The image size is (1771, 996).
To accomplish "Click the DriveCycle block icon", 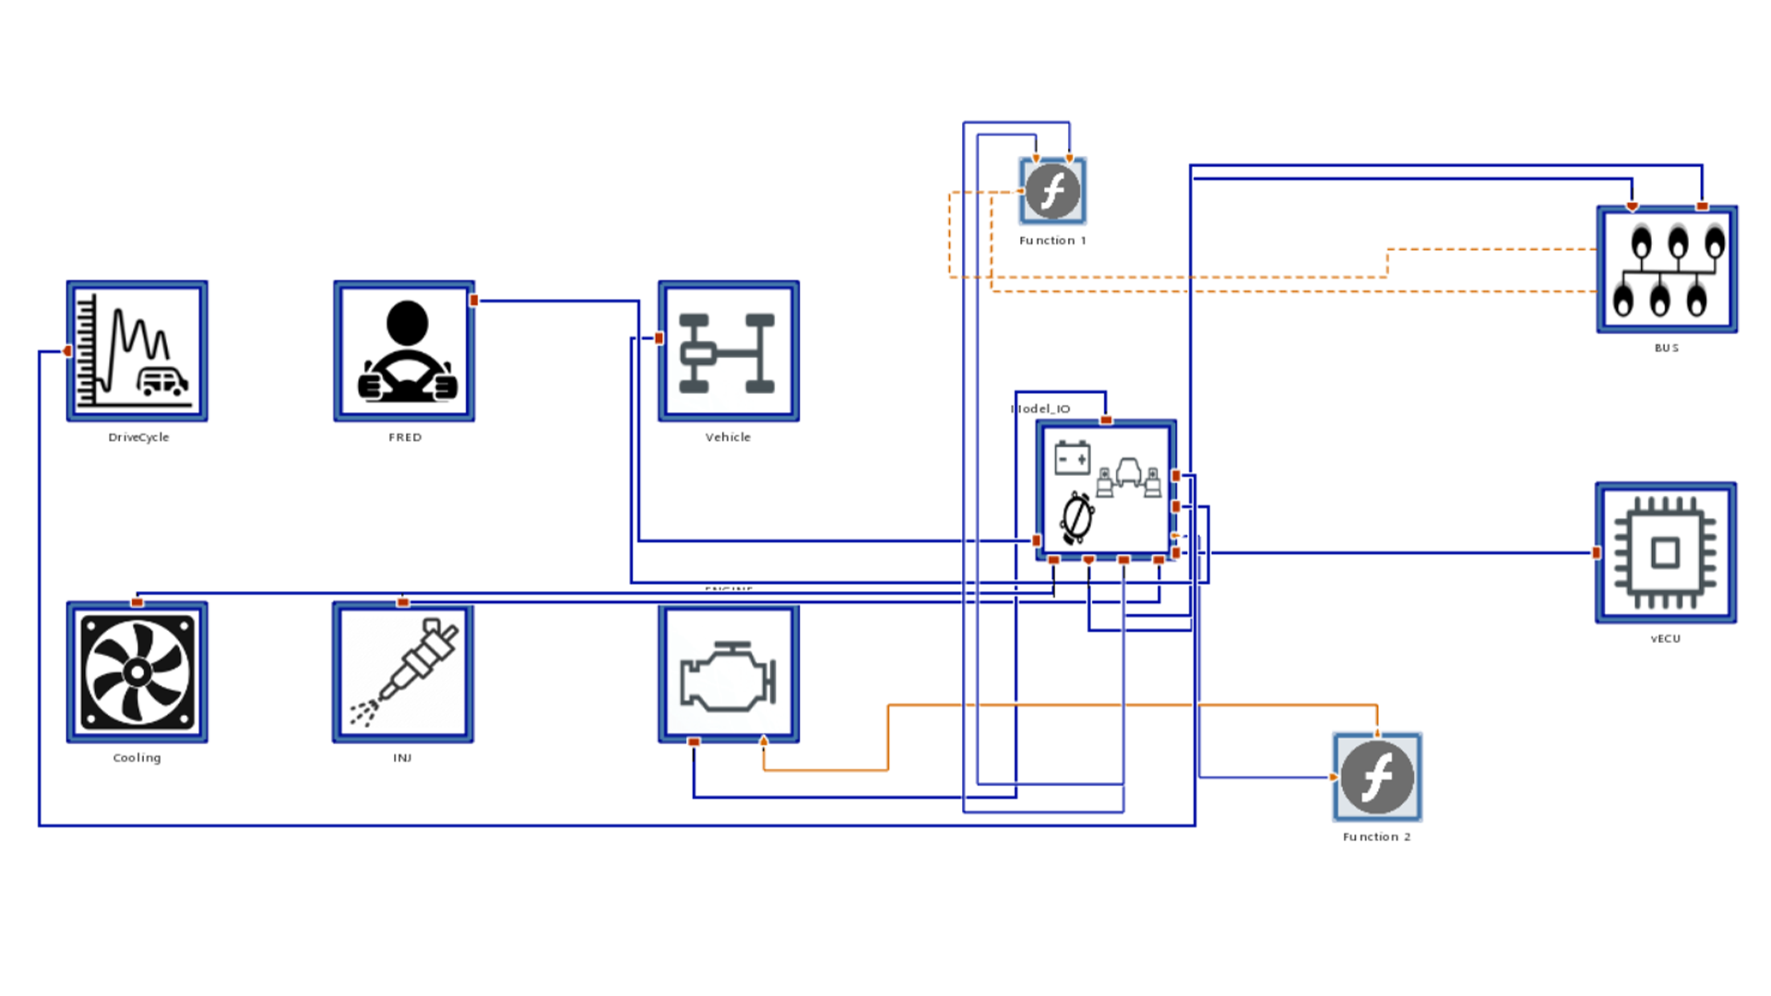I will click(137, 351).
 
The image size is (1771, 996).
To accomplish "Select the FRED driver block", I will click(404, 351).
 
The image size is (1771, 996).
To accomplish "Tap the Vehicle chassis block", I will click(728, 351).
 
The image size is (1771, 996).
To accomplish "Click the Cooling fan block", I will click(137, 672).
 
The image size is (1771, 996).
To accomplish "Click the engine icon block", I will click(728, 674).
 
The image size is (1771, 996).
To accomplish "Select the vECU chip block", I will click(1666, 552).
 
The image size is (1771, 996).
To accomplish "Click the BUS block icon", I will click(1667, 269).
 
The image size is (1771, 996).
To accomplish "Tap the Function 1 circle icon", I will click(1052, 191).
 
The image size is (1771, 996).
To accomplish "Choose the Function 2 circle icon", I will click(1377, 777).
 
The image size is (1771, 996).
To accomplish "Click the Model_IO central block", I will click(1106, 491).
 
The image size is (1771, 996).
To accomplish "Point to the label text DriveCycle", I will click(138, 437).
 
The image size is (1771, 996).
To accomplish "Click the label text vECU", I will click(1665, 638).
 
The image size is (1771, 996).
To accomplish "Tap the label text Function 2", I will click(1376, 836).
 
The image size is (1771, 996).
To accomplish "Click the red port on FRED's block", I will click(474, 301).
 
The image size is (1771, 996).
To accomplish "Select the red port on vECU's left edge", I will click(1597, 552).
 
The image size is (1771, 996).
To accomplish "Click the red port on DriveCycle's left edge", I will click(67, 350).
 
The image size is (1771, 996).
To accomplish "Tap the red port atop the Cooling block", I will click(137, 602).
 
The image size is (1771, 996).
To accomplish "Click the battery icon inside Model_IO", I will click(1072, 457).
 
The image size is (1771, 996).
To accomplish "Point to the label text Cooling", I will click(137, 757).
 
